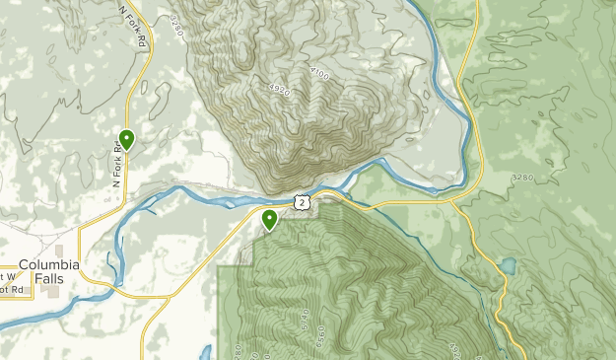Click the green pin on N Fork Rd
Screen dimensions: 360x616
[126, 140]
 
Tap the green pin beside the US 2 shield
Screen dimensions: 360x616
[269, 219]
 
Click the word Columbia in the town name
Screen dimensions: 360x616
[48, 264]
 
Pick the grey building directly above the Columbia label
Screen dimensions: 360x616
[58, 251]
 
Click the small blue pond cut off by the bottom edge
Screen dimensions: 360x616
[207, 353]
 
